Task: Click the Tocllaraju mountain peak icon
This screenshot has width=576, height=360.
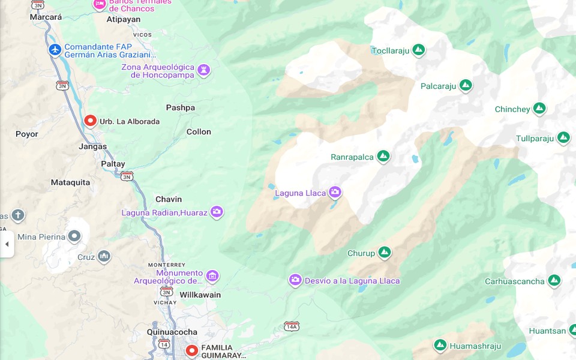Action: click(419, 50)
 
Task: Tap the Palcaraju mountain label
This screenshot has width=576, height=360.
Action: click(438, 86)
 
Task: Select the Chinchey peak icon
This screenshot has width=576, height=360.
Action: click(539, 109)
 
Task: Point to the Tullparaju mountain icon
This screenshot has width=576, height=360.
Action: click(563, 138)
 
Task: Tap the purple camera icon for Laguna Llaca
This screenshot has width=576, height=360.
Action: click(335, 193)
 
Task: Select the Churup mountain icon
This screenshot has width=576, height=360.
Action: click(385, 253)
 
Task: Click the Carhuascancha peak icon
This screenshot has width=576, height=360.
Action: click(554, 281)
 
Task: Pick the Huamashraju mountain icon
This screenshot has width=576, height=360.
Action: click(440, 346)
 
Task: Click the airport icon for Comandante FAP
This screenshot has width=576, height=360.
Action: click(55, 49)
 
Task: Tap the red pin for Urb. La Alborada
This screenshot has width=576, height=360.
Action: click(90, 121)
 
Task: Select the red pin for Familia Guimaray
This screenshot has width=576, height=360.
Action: click(191, 350)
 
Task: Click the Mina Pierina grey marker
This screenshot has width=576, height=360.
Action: click(74, 236)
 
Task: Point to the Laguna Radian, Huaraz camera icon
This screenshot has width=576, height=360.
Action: click(217, 212)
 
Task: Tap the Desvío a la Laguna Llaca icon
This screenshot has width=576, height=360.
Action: click(295, 280)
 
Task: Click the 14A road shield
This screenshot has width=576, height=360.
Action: click(292, 326)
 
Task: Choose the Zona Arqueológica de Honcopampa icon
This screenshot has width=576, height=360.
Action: click(204, 70)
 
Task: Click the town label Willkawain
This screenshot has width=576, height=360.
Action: click(200, 295)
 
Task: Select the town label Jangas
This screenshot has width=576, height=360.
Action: click(92, 146)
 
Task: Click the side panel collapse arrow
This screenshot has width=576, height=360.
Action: click(7, 244)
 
